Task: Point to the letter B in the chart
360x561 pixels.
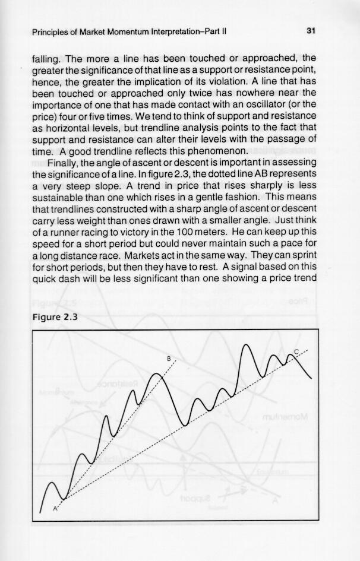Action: point(169,359)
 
